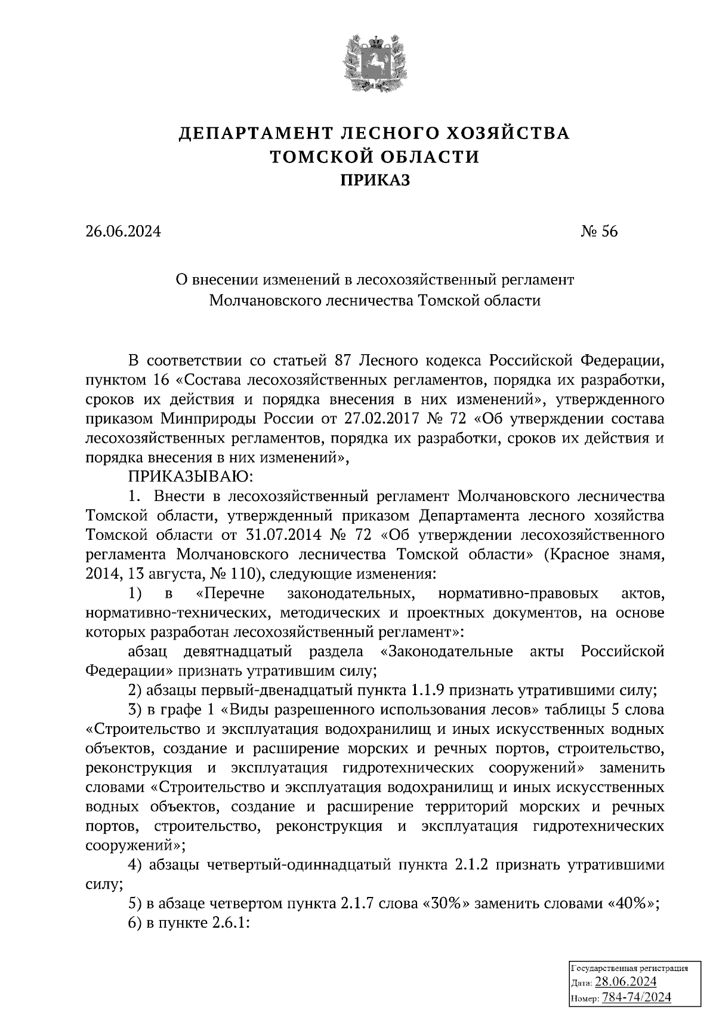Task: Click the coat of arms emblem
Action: (x=375, y=64)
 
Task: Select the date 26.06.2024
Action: (x=123, y=231)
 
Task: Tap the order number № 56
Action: (x=599, y=231)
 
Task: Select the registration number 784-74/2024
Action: (x=637, y=997)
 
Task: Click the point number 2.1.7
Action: (x=360, y=904)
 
